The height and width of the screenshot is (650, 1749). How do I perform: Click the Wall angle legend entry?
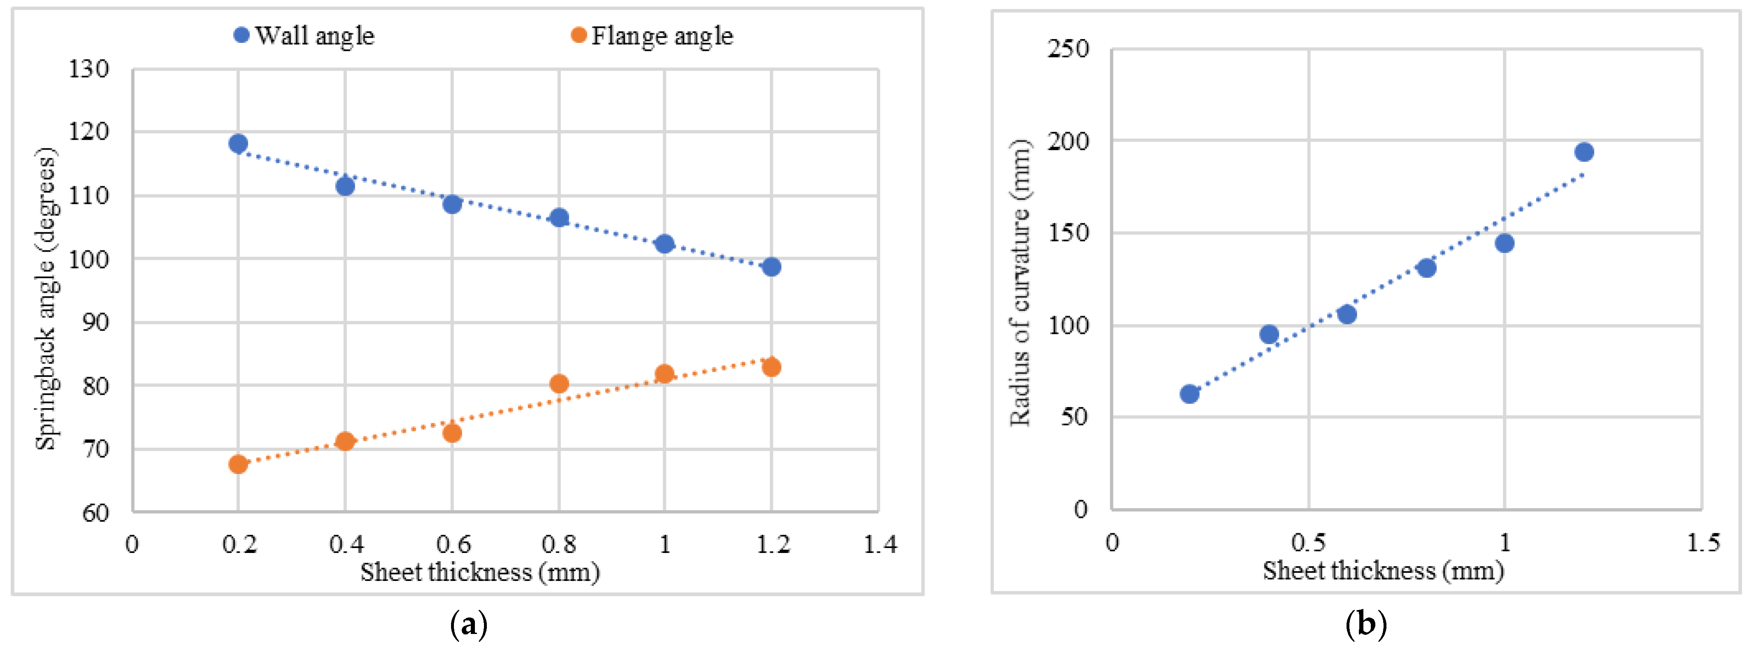[304, 35]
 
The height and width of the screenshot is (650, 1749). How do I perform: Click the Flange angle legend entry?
[652, 35]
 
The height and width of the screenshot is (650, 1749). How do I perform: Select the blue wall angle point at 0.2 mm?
[238, 143]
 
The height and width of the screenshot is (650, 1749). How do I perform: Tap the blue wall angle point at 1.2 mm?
[771, 267]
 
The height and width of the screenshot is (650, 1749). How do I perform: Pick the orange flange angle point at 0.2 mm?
[238, 464]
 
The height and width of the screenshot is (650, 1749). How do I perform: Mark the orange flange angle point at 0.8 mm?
[559, 384]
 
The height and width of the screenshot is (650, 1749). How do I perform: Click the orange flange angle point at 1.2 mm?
[771, 367]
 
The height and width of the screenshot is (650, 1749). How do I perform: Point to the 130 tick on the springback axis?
[88, 69]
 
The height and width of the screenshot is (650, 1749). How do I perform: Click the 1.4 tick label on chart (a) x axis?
[880, 544]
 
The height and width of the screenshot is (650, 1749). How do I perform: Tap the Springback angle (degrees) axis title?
[46, 298]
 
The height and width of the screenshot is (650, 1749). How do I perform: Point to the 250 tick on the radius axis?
[1068, 49]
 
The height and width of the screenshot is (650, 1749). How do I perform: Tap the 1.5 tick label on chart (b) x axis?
[1703, 543]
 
